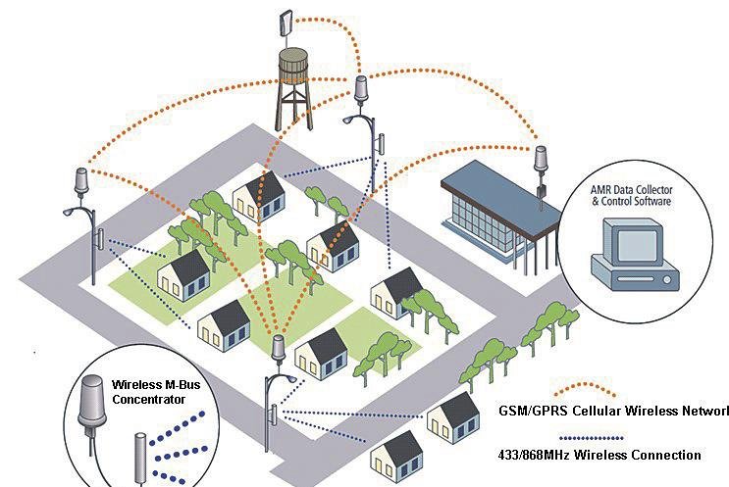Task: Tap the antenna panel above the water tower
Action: click(286, 24)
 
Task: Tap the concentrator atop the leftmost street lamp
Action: click(80, 181)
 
